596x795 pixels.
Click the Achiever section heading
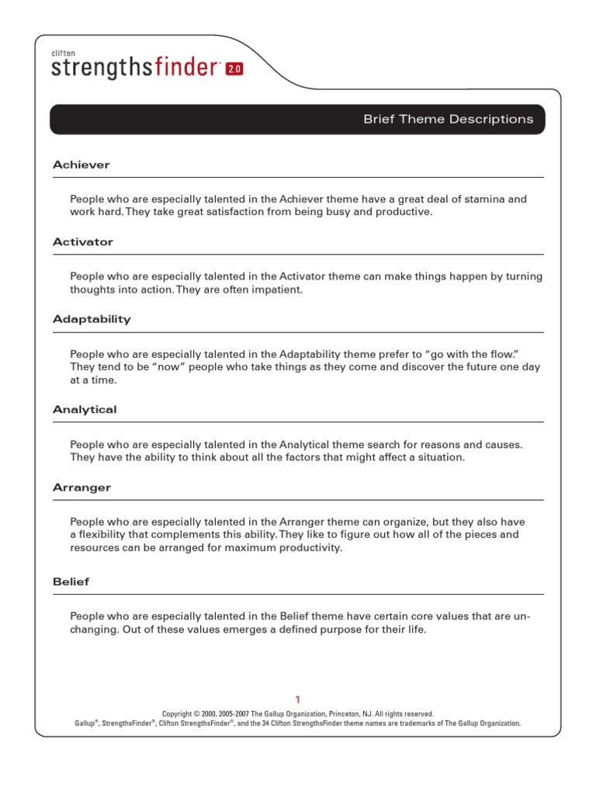pyautogui.click(x=81, y=165)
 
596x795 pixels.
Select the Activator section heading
pyautogui.click(x=83, y=242)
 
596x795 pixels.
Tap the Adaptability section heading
pyautogui.click(x=92, y=319)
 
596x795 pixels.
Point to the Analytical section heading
pyautogui.click(x=85, y=410)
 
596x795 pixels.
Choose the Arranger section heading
pyautogui.click(x=82, y=488)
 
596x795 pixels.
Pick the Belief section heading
pyautogui.click(x=71, y=581)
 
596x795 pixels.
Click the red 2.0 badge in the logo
pyautogui.click(x=234, y=69)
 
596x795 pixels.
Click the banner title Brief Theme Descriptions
pyautogui.click(x=449, y=120)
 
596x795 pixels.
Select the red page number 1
pyautogui.click(x=297, y=699)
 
